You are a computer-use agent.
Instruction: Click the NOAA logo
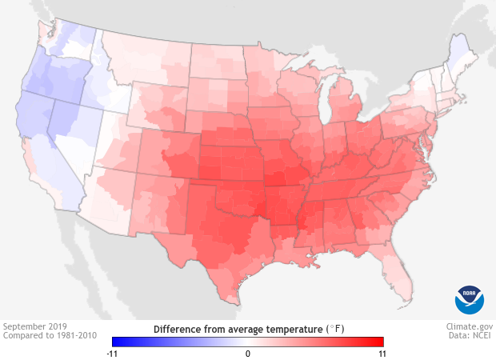coord(470,298)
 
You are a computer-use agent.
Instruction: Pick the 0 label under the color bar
coord(248,353)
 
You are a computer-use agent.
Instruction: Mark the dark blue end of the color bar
coord(116,342)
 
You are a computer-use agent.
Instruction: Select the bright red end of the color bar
coord(380,342)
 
